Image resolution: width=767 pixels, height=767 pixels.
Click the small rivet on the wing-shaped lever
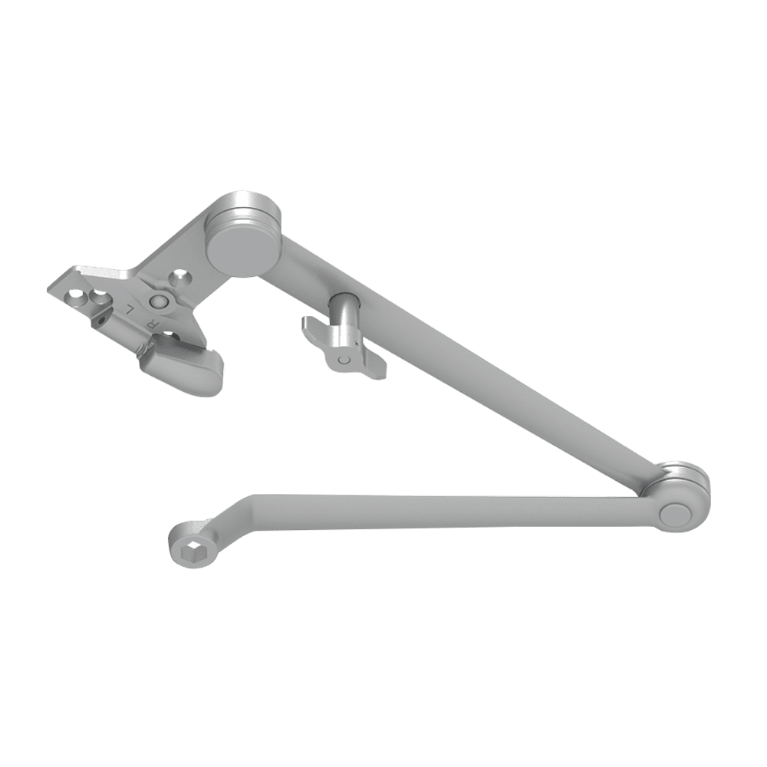click(x=344, y=358)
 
